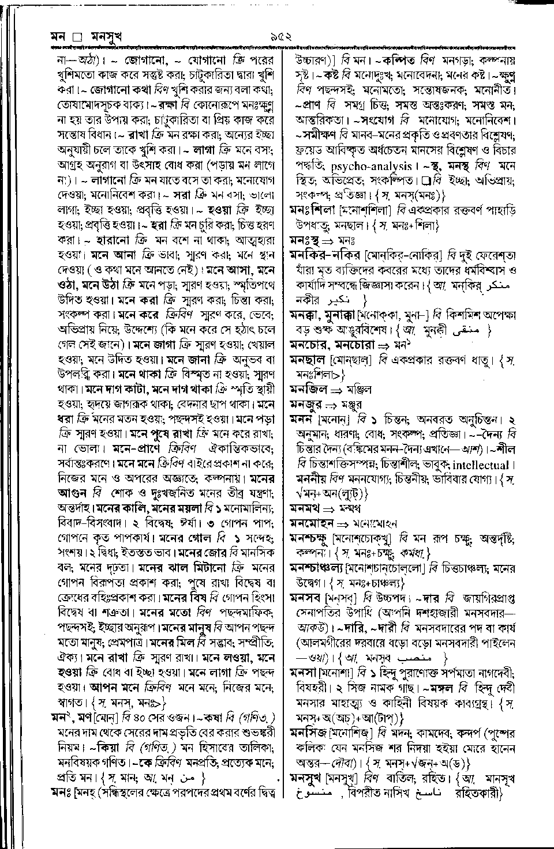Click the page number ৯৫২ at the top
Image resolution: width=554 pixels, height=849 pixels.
coord(279,36)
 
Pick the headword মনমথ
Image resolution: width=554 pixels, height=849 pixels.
coord(305,509)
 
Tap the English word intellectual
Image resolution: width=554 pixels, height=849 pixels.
coord(481,465)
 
